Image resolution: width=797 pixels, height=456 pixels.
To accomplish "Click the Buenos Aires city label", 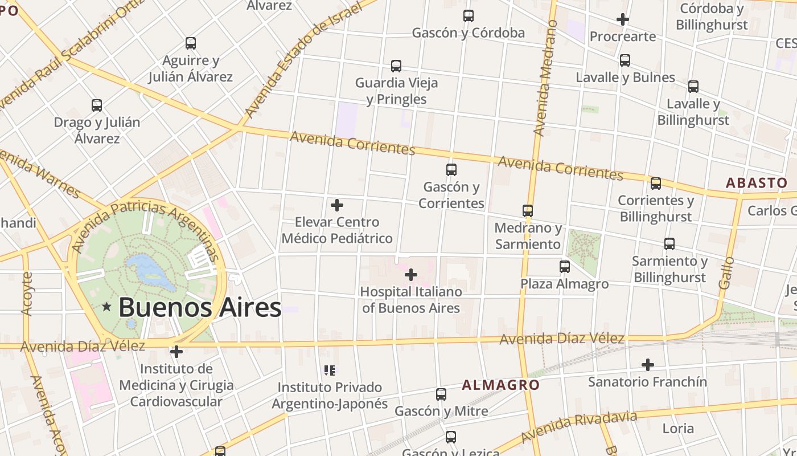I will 200,307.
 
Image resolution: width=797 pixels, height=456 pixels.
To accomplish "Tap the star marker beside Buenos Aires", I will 106,307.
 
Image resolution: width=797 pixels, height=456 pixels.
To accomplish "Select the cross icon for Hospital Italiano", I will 410,275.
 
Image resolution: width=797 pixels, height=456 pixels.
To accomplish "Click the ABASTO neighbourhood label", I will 757,183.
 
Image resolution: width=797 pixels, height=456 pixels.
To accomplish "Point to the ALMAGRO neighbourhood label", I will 500,385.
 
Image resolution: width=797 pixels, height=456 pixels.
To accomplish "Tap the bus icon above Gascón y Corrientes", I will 451,169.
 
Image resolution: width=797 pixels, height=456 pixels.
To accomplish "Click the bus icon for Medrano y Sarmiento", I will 528,211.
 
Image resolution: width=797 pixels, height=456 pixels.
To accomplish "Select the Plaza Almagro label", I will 564,283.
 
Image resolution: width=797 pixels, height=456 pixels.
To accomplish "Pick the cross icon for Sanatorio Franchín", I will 647,364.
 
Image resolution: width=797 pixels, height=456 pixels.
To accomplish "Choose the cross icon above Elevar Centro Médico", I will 337,205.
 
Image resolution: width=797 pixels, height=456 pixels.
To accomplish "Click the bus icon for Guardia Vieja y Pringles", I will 396,66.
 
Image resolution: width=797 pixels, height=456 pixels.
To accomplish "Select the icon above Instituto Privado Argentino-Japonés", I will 330,370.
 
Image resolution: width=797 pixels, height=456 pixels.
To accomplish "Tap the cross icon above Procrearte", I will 623,19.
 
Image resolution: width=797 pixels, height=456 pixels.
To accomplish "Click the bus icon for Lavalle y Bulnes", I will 625,60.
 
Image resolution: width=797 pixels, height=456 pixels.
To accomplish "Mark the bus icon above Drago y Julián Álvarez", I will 97,105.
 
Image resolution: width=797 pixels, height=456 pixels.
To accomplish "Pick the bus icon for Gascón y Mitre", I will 441,394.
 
